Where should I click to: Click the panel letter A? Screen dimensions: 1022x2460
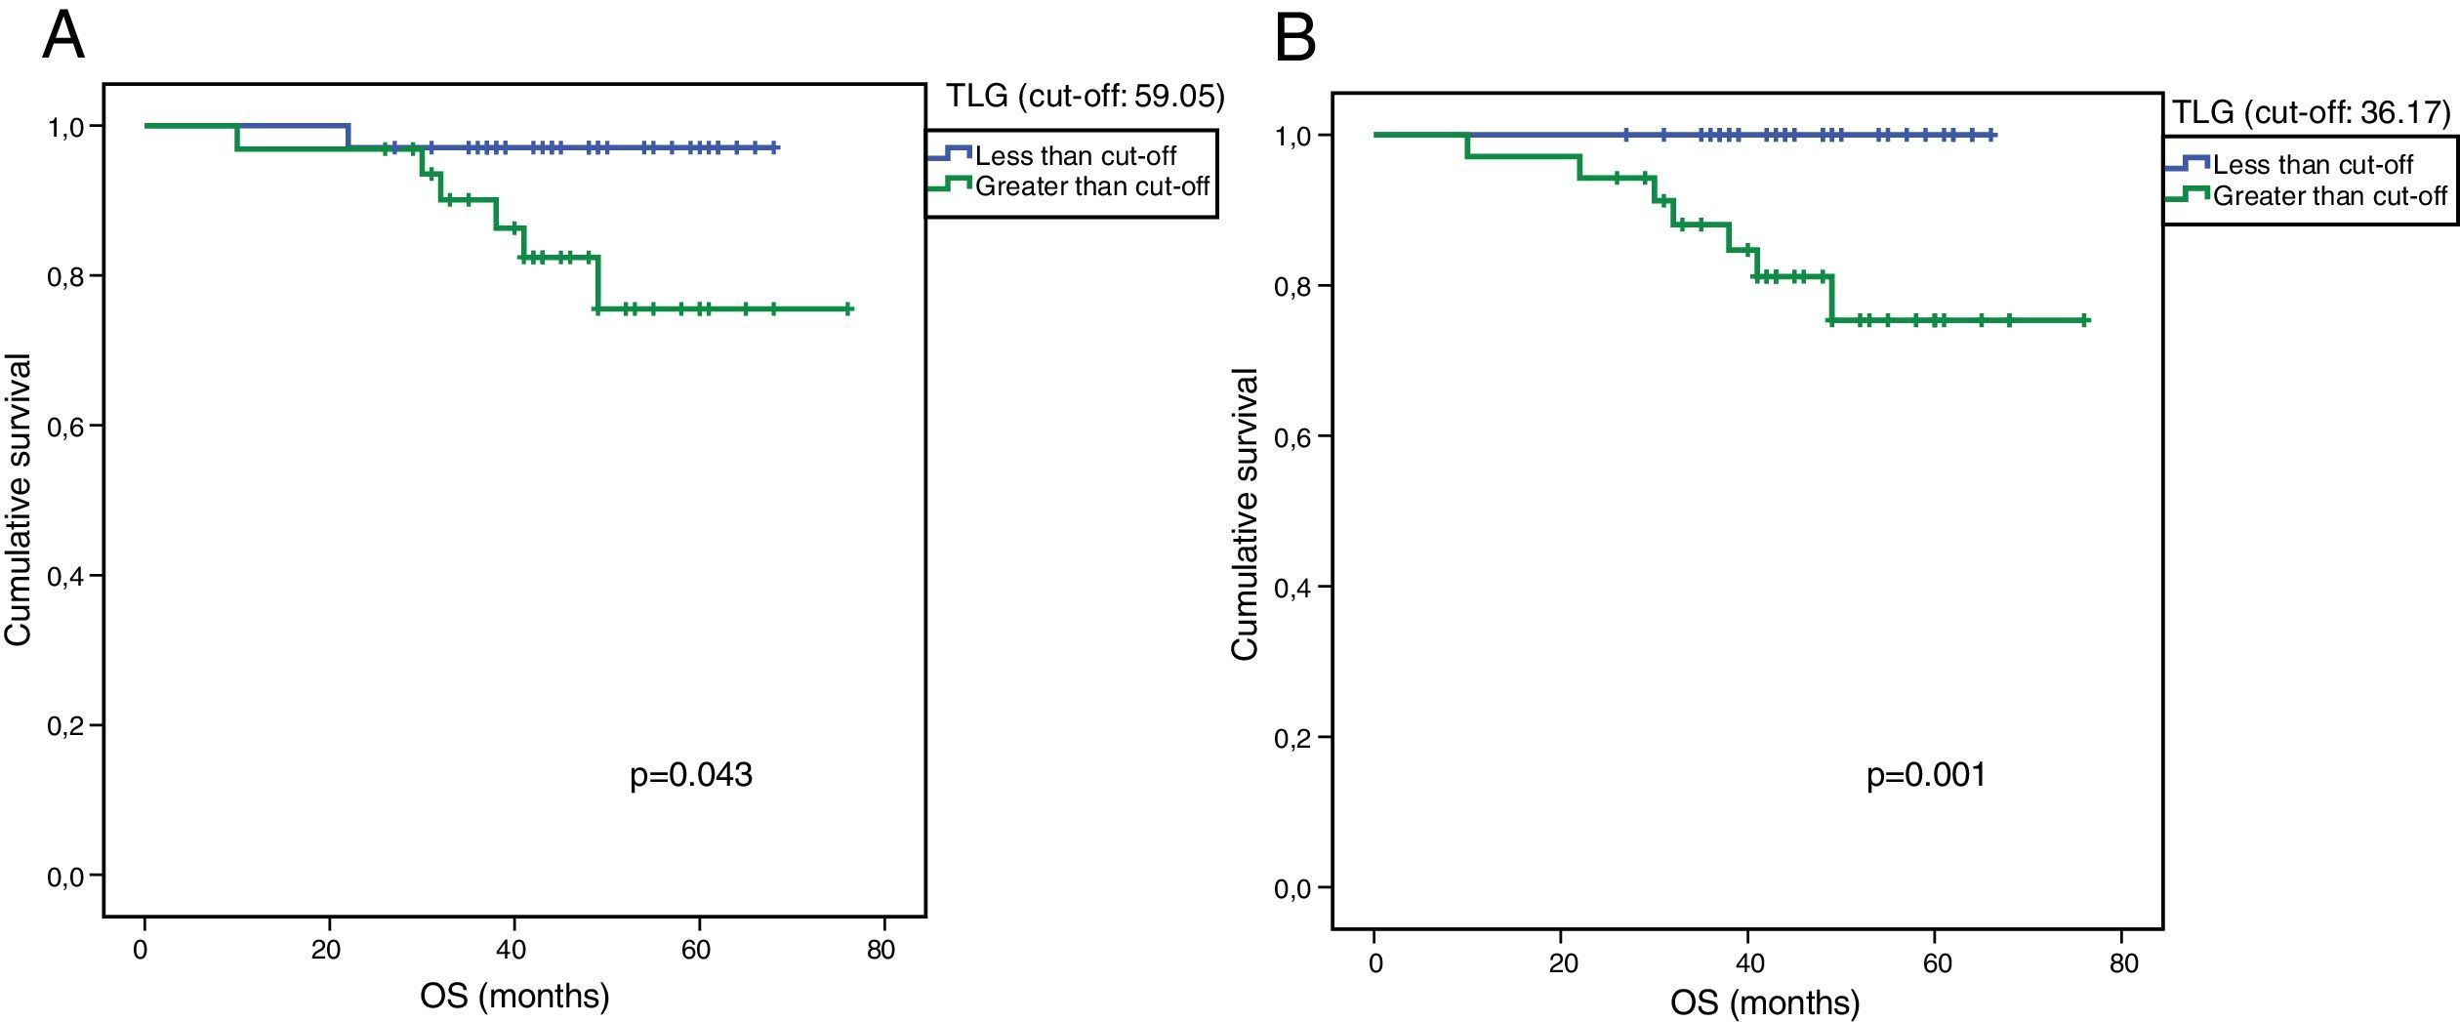point(63,37)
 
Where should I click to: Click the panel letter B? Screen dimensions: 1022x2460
point(1296,39)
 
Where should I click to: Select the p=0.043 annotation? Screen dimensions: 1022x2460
point(691,775)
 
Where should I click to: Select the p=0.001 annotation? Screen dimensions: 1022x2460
point(1926,775)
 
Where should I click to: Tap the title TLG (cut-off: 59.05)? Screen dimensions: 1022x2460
point(1085,97)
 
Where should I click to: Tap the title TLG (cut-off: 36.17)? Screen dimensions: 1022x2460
point(2310,113)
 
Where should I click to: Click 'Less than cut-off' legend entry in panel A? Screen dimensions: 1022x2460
point(1075,156)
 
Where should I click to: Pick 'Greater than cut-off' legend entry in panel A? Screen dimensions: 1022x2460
point(1091,186)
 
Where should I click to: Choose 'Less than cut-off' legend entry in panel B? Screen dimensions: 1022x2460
point(2313,164)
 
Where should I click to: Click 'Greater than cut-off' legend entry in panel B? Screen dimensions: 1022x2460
point(2329,196)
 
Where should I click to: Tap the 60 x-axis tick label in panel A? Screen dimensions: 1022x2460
point(696,950)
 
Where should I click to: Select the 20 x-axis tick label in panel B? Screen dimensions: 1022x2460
point(1563,963)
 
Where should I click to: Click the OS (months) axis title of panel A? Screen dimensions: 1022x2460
point(514,997)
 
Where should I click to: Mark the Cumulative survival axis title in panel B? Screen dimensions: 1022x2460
point(1246,514)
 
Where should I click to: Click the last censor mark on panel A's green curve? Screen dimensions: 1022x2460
point(848,309)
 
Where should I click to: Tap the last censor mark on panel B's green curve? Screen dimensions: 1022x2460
point(2084,320)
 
